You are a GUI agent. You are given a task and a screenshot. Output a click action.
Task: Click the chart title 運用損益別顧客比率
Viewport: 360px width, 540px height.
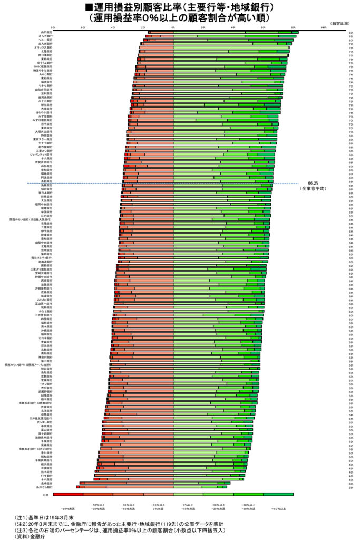pyautogui.click(x=179, y=7)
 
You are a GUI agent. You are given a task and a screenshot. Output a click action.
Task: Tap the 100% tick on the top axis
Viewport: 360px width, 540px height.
pyautogui.click(x=324, y=26)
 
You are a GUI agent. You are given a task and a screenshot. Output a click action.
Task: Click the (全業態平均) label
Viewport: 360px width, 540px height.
pyautogui.click(x=313, y=188)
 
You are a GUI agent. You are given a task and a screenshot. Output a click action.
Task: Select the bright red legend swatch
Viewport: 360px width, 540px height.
pyautogui.click(x=67, y=495)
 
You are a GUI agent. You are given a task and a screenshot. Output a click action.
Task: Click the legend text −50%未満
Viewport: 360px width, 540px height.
pyautogui.click(x=69, y=509)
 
